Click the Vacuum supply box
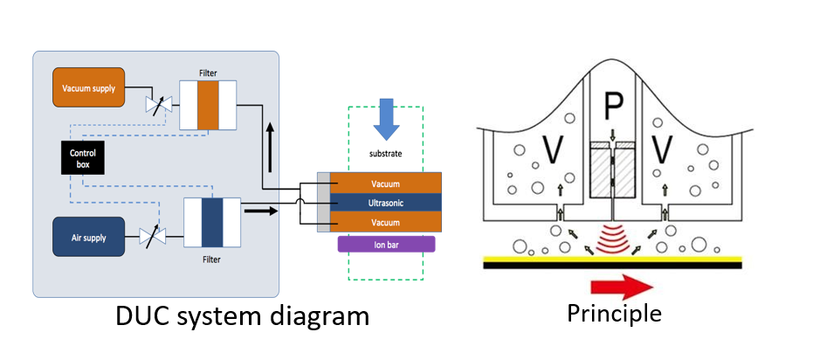tap(88, 88)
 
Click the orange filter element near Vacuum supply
tap(208, 106)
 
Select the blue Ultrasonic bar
tap(385, 203)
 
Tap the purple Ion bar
tap(385, 245)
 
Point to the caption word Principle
tap(614, 313)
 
